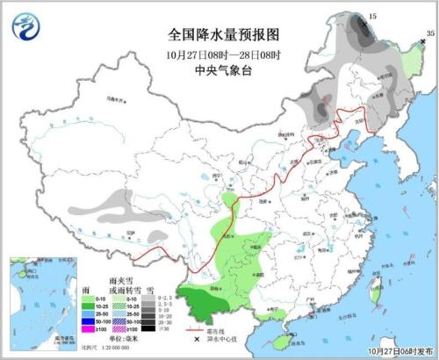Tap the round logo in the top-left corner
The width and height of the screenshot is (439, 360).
click(x=27, y=29)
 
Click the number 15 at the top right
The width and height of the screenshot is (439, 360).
click(x=371, y=17)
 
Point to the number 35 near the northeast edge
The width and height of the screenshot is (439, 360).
click(x=429, y=33)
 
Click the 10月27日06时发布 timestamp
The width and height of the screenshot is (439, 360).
click(x=396, y=352)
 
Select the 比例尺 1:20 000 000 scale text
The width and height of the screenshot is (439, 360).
click(x=104, y=349)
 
